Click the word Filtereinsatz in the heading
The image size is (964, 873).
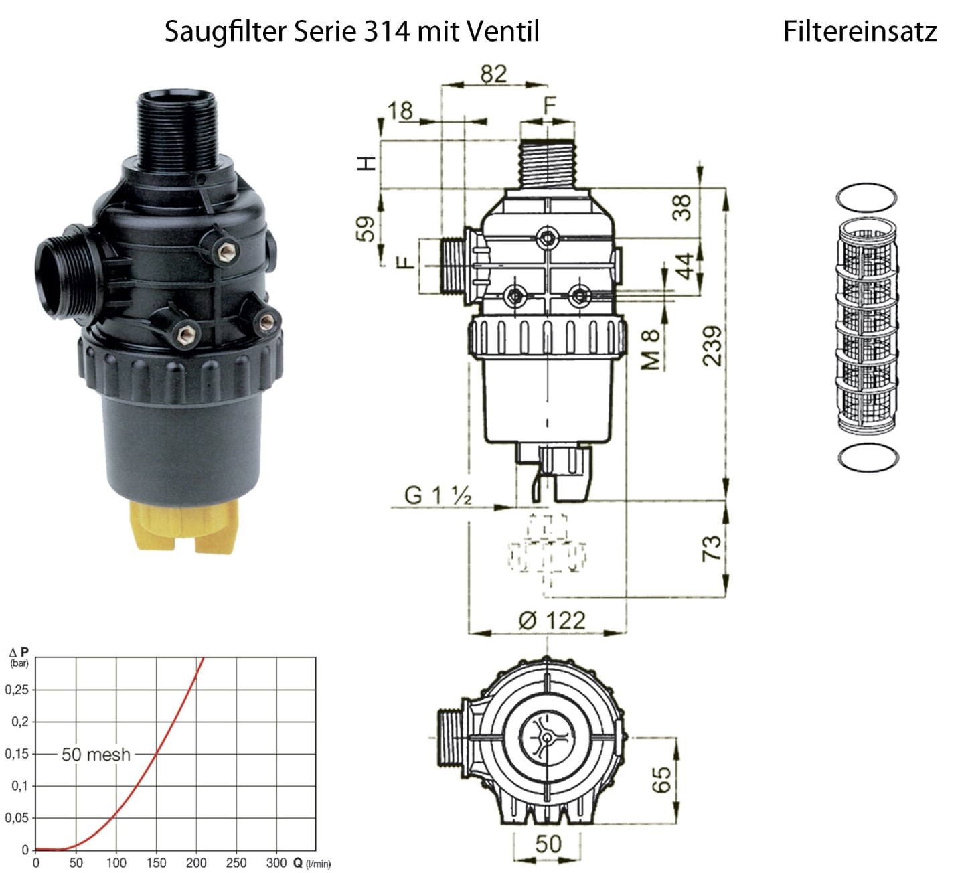(x=860, y=31)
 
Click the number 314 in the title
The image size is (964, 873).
(x=388, y=31)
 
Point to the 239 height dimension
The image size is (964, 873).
(x=712, y=346)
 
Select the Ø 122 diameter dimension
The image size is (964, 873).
(x=552, y=620)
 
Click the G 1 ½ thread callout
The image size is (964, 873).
(x=438, y=495)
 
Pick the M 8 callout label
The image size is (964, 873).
(x=651, y=349)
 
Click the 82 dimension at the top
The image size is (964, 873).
(x=493, y=74)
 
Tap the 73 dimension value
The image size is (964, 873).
(x=712, y=548)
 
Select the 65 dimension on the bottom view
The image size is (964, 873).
(x=661, y=779)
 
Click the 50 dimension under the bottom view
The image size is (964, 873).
(x=548, y=844)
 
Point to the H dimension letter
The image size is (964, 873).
(x=367, y=163)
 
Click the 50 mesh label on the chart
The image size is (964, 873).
(x=96, y=755)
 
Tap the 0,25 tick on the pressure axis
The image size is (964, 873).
(x=17, y=690)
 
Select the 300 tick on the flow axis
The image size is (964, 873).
(x=276, y=863)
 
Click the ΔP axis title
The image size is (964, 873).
(x=19, y=657)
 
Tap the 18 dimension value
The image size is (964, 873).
(x=400, y=110)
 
